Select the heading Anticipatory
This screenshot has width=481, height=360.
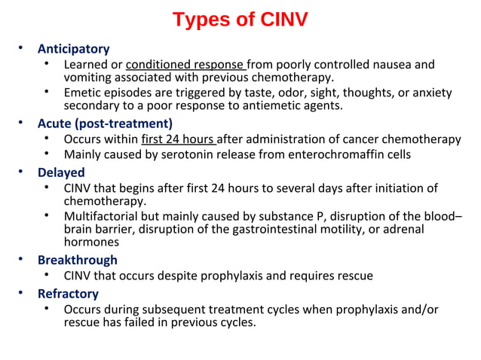73,49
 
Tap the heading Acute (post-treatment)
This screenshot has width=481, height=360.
106,124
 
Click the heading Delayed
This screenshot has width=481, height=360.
61,172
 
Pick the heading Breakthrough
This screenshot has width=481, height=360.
78,260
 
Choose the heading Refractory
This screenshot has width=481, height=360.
68,293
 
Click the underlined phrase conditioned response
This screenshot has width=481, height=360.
185,64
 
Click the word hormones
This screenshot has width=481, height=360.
91,242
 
